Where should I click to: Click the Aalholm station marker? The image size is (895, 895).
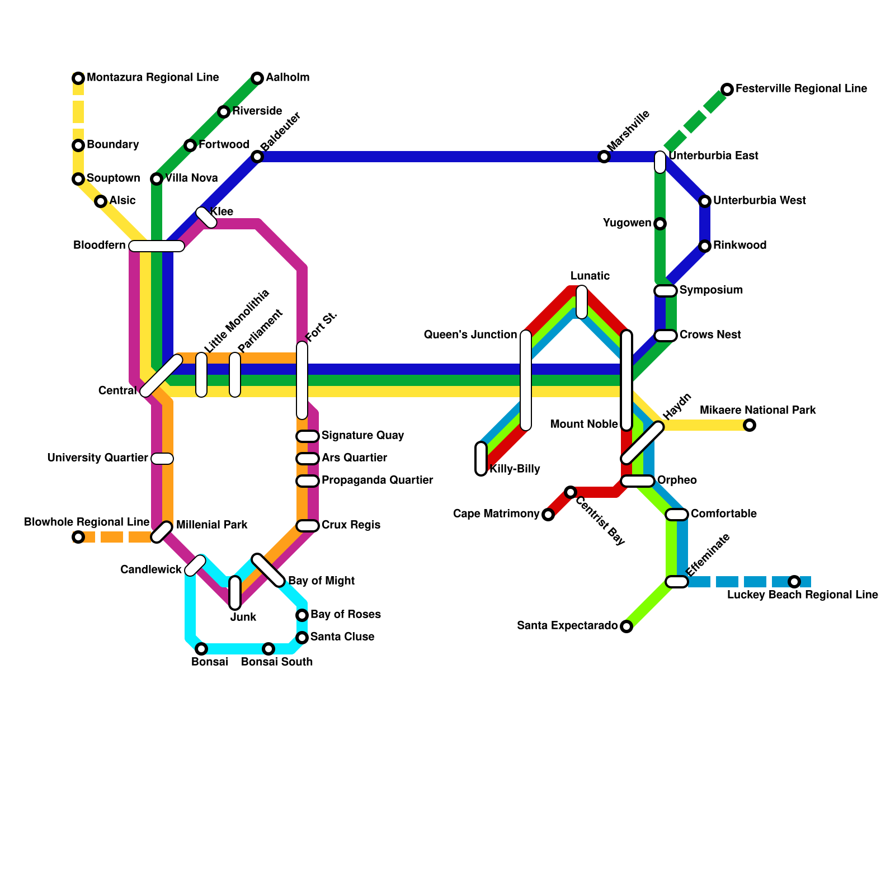(257, 78)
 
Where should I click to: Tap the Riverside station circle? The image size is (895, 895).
(224, 112)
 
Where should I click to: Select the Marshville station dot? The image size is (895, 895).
(604, 157)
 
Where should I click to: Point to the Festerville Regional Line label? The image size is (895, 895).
(801, 89)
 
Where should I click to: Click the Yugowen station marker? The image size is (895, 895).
(660, 224)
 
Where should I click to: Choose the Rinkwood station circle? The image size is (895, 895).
(705, 246)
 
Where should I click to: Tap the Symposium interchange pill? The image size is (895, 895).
(666, 291)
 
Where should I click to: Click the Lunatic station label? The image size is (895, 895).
(590, 276)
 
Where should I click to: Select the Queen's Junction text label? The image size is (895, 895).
(470, 335)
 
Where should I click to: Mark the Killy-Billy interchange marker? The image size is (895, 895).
(481, 459)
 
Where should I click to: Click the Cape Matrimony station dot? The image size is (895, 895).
(548, 515)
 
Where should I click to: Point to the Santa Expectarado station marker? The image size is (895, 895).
(626, 626)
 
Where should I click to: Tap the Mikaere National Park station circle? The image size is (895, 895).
(750, 425)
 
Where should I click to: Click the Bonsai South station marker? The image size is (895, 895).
(268, 649)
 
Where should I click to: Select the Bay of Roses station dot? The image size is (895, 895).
(302, 615)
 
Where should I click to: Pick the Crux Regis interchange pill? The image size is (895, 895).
(308, 526)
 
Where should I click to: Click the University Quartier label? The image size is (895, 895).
(98, 458)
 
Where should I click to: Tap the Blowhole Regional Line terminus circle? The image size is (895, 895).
(78, 537)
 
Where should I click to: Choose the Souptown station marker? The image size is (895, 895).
(78, 179)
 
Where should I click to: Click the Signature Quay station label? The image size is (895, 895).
(362, 436)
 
